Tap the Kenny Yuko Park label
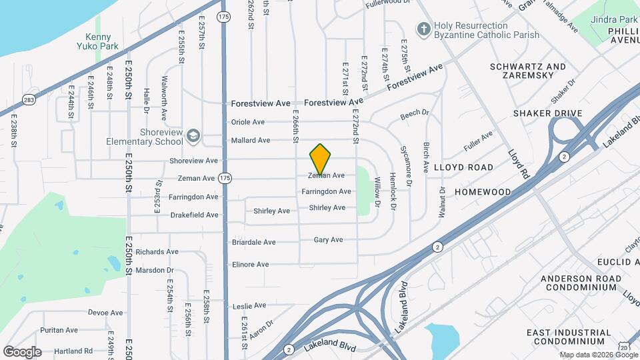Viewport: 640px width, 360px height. pos(103,42)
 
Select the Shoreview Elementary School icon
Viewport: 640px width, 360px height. pos(193,135)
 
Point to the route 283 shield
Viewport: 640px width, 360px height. pos(29,100)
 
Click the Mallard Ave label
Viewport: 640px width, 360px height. pos(250,141)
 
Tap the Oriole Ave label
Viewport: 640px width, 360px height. pos(247,122)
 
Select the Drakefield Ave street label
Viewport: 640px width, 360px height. pos(194,215)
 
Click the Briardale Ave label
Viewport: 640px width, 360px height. pos(253,242)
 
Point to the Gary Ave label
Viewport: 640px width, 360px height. pos(328,240)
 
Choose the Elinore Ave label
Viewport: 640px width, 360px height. pos(250,265)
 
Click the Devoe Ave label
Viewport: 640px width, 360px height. pos(105,312)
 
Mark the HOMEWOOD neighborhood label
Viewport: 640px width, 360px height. pos(483,192)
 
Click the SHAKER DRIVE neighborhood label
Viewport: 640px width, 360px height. pos(548,113)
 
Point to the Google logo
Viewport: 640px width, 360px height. pos(22,352)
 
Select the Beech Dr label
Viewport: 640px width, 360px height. pos(415,115)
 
